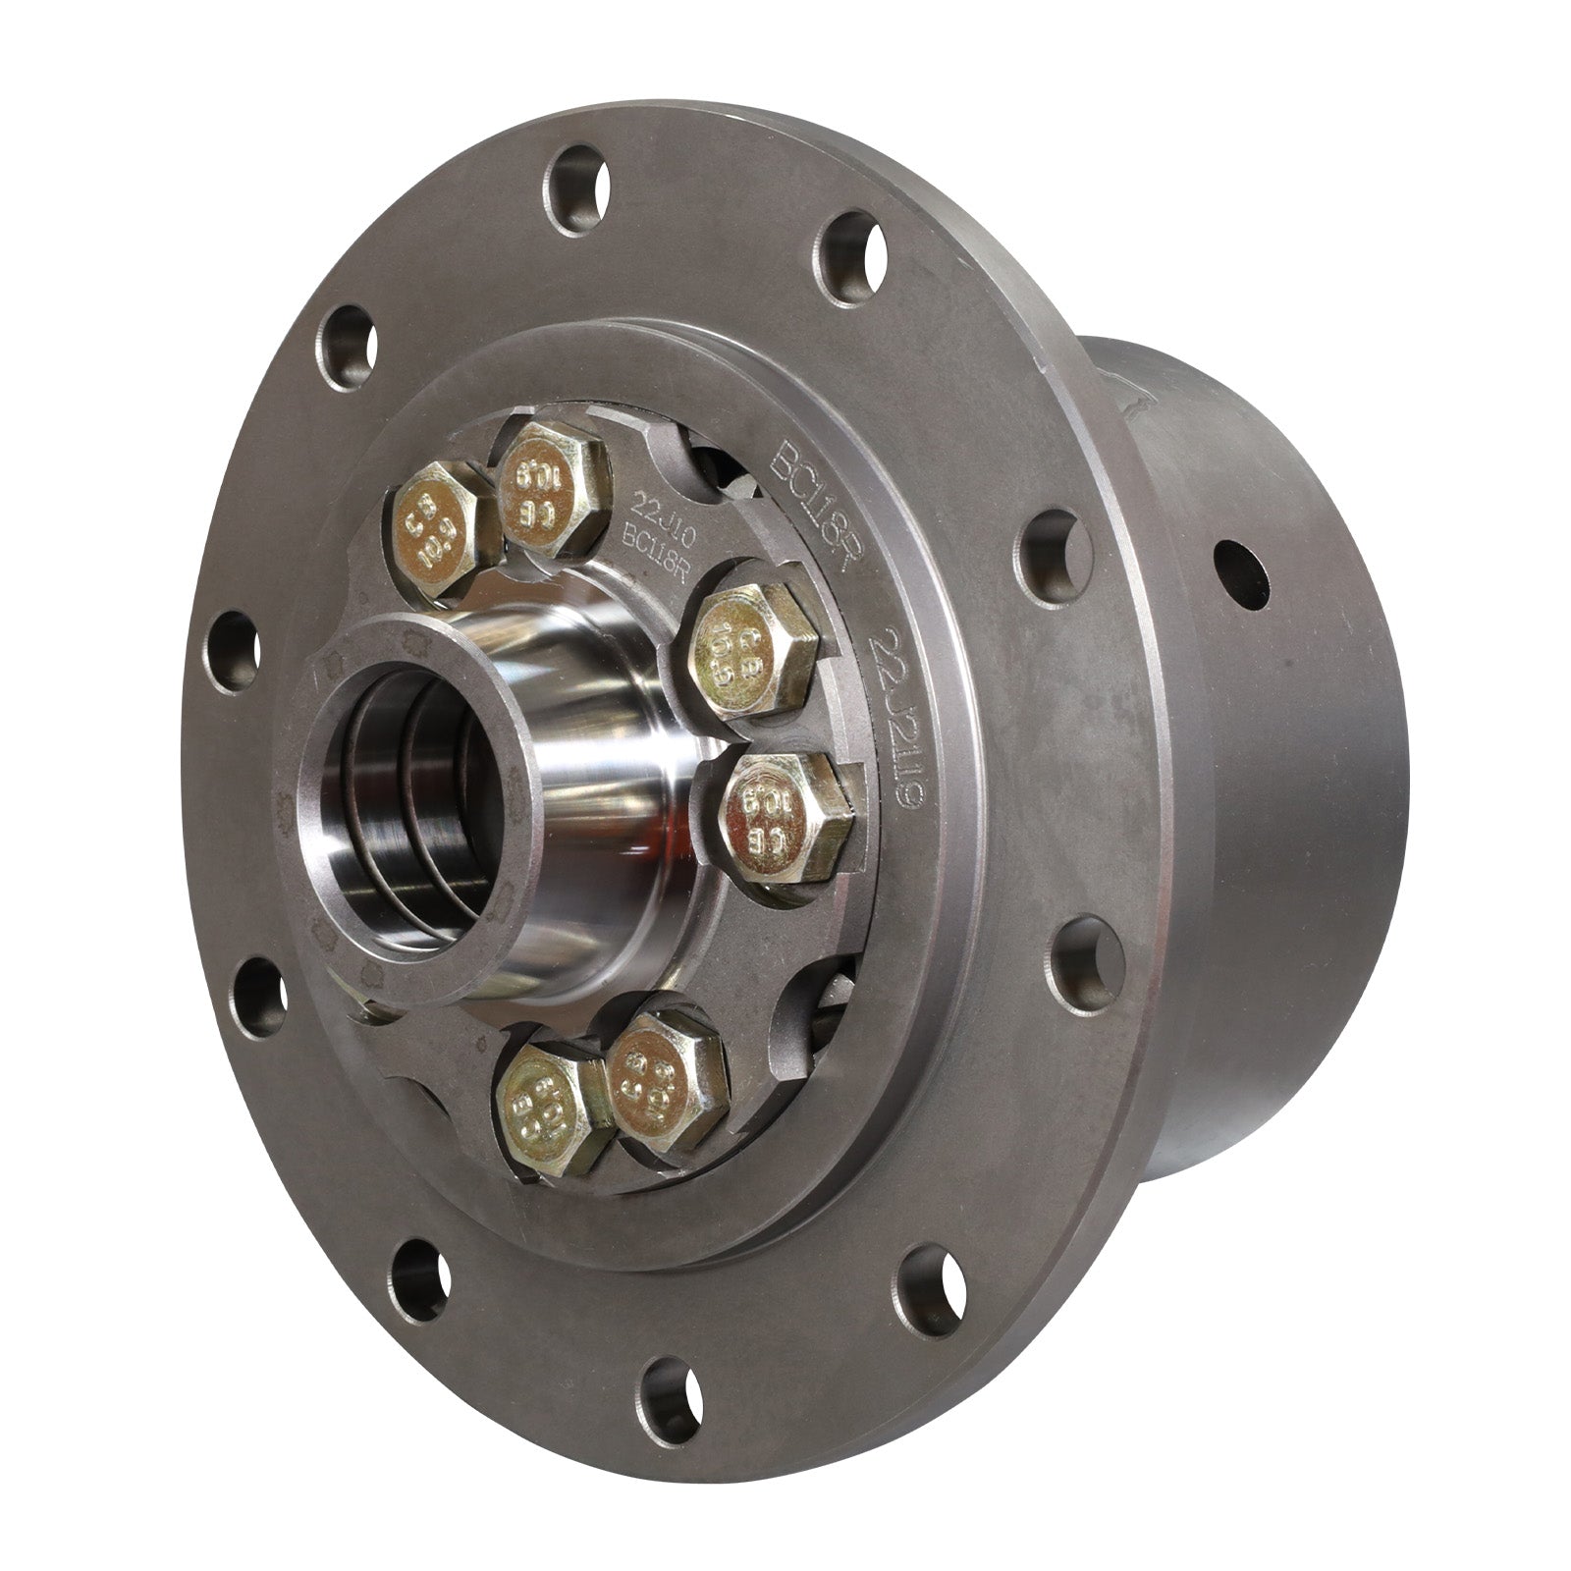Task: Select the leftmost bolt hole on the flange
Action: tap(236, 650)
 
